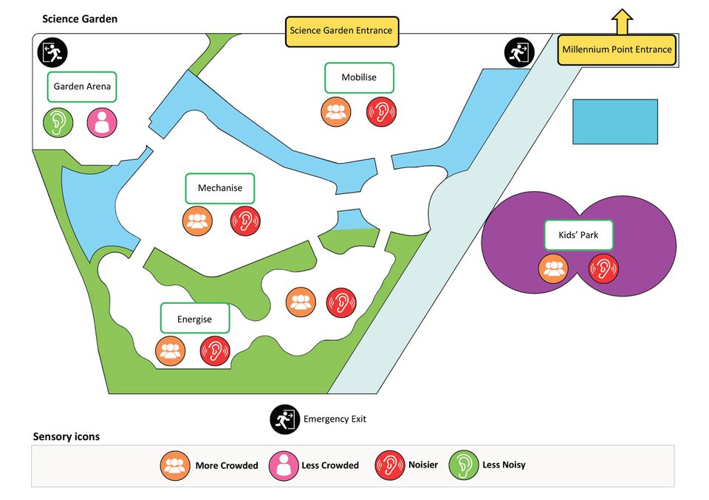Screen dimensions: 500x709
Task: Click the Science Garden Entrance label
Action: tap(341, 32)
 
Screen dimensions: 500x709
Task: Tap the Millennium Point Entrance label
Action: tap(617, 50)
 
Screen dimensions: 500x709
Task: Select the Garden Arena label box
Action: tap(82, 87)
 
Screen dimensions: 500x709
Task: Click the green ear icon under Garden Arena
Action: tap(57, 122)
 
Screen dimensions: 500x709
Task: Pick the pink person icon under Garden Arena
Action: tap(102, 122)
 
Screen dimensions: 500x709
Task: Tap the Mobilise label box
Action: tap(359, 77)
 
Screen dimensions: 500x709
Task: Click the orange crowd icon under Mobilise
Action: tap(335, 112)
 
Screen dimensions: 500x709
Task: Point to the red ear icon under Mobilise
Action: tap(382, 112)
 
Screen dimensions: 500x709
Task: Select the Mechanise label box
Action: tap(219, 188)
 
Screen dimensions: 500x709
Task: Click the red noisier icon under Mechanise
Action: tap(246, 221)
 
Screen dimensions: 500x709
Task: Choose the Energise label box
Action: tap(195, 319)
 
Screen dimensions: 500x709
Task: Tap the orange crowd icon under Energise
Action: tap(171, 350)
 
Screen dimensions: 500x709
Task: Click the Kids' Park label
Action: tap(579, 235)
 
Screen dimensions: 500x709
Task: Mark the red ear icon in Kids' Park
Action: tap(603, 268)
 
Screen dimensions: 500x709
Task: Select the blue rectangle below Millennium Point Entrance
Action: tap(615, 122)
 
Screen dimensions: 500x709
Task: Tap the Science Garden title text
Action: tap(80, 18)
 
